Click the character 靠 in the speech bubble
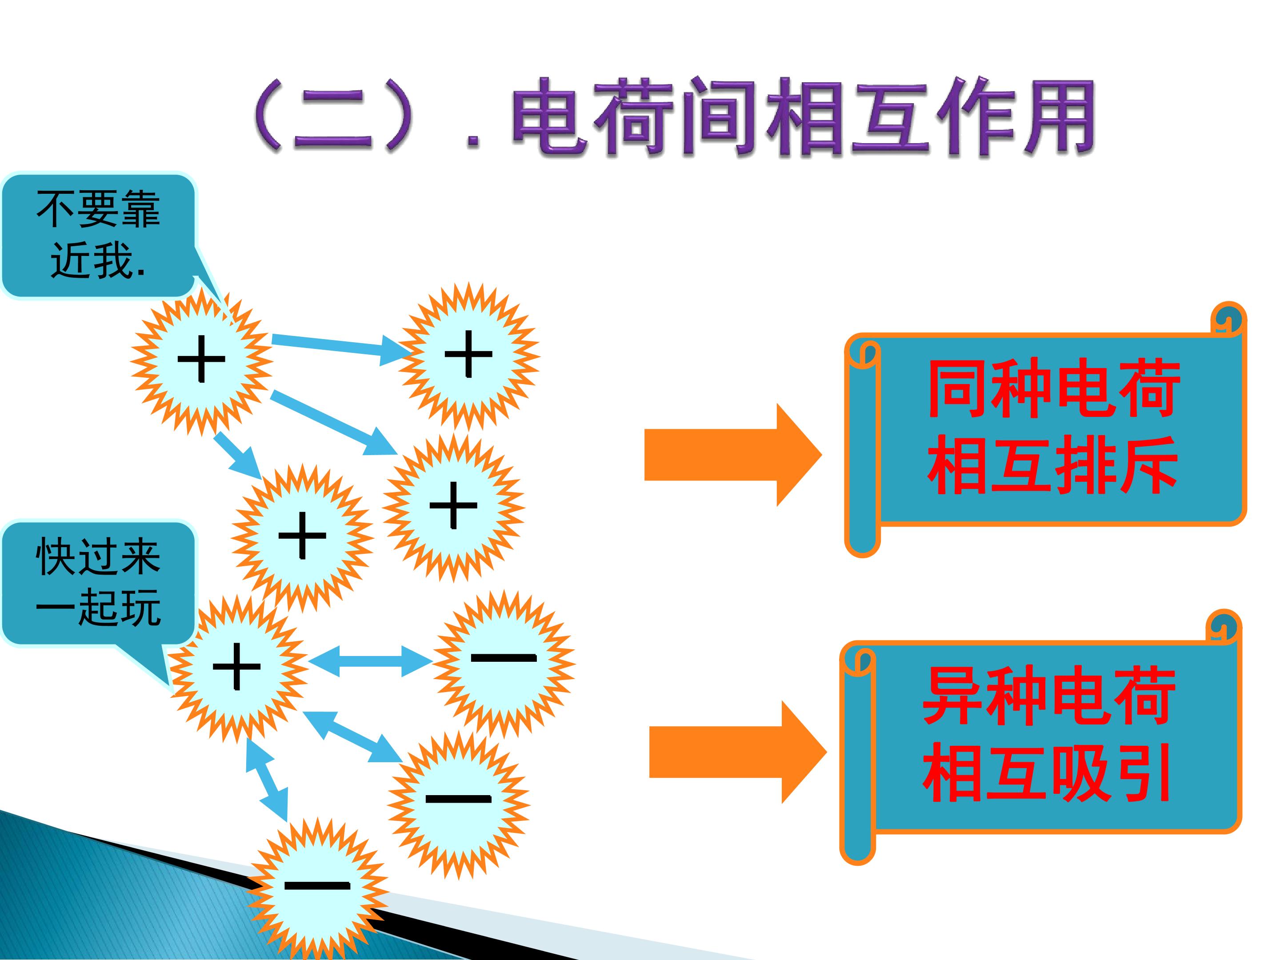(x=139, y=209)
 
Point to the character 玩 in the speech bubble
(x=139, y=608)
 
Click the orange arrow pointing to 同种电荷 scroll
(x=732, y=455)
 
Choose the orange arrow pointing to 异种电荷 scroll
(x=737, y=752)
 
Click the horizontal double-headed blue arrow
(x=370, y=661)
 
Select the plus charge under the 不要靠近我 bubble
(x=201, y=359)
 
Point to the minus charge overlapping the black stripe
(x=317, y=885)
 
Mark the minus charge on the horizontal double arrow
(x=504, y=658)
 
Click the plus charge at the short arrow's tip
(x=302, y=535)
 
